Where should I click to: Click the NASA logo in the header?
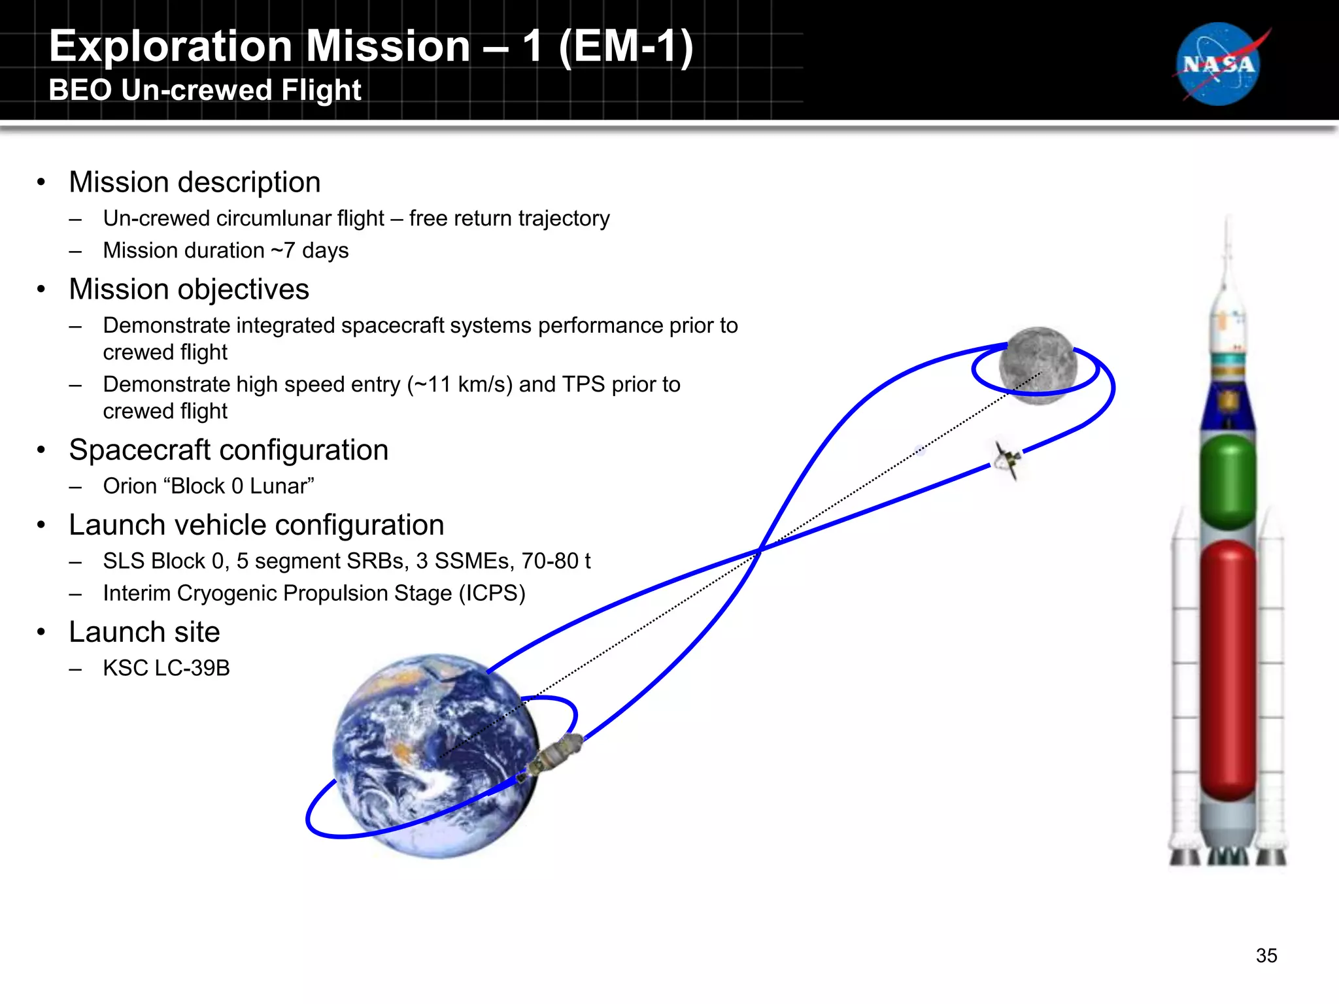point(1219,64)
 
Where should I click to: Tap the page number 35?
point(1266,956)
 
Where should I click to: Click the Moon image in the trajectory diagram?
point(1038,365)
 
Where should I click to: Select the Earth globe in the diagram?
point(435,756)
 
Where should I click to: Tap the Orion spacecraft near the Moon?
point(1006,459)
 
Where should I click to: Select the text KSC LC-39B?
point(166,668)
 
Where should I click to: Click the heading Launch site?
point(144,632)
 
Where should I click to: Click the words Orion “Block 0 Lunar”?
point(208,486)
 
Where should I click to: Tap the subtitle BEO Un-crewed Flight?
point(205,90)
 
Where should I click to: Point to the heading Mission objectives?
point(188,289)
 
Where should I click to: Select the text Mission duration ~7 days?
point(226,250)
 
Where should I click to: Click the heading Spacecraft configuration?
point(228,450)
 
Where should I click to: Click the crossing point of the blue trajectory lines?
point(760,550)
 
